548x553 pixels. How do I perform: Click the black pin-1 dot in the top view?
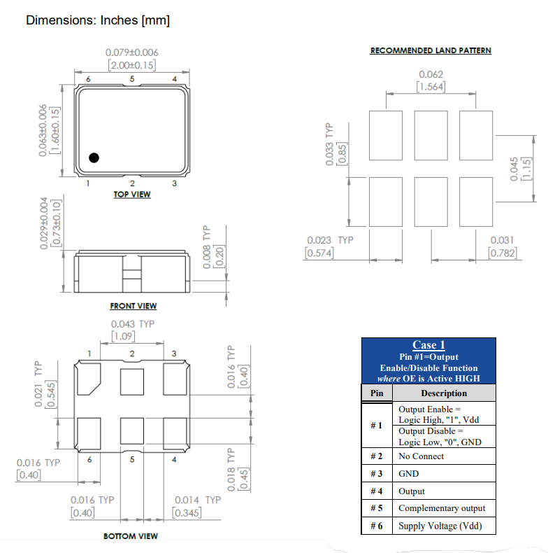93,157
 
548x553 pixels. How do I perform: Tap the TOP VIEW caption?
131,194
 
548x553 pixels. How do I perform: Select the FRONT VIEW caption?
133,306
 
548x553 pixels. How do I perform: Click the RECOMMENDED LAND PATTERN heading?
431,50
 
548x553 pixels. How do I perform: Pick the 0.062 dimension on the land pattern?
431,74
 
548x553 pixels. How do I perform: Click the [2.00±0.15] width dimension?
131,64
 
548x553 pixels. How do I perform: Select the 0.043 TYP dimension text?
133,324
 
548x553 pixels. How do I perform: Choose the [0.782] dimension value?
503,253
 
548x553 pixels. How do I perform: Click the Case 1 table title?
428,344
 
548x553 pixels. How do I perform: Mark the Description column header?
444,393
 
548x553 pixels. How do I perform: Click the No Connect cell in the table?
421,456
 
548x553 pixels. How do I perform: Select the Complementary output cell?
441,508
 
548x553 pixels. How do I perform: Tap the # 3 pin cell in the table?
376,474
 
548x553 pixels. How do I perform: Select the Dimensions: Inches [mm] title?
98,20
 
